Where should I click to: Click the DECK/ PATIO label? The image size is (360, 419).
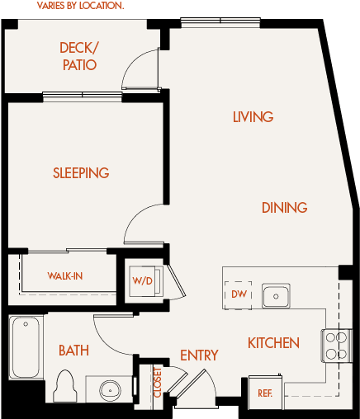[79, 56]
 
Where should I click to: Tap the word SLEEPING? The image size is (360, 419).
[81, 173]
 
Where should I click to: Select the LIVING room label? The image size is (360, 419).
[253, 117]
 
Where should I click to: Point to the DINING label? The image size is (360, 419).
[285, 208]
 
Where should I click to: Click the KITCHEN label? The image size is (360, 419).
[273, 343]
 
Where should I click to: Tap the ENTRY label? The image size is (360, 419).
[199, 355]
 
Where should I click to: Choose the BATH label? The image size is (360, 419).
[73, 351]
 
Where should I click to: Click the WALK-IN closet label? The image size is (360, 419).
[65, 276]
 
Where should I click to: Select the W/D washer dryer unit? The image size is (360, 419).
[146, 280]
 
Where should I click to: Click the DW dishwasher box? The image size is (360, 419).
[238, 295]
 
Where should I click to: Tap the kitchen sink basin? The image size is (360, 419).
[276, 296]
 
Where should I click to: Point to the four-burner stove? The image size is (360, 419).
[336, 346]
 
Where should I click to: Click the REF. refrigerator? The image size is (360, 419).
[265, 392]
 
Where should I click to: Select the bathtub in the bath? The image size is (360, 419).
[26, 347]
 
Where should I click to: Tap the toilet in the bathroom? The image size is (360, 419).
[65, 386]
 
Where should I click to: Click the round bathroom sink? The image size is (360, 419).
[110, 390]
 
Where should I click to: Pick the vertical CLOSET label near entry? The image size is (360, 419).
[157, 383]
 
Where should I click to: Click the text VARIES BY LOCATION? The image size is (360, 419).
[80, 6]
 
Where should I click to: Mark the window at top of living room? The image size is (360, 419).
[220, 22]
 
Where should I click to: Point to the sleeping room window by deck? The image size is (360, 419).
[83, 97]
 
